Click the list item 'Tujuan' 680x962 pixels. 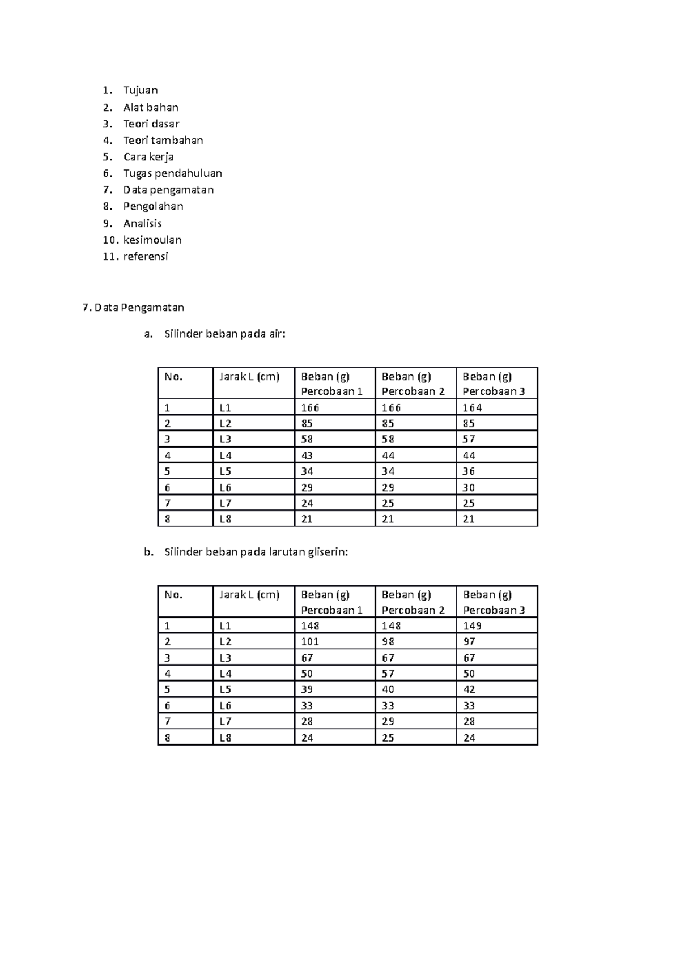[141, 90]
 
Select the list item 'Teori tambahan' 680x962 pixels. [163, 140]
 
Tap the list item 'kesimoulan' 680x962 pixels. [152, 240]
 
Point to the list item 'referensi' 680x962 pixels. [146, 256]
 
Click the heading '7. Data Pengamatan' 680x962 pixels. [133, 308]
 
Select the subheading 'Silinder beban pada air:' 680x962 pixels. [225, 334]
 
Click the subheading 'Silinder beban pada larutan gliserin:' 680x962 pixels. [256, 552]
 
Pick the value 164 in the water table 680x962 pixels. [472, 407]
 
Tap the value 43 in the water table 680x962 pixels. [307, 456]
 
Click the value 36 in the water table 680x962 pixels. [469, 471]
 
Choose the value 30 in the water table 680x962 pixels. [469, 487]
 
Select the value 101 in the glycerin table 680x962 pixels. [310, 641]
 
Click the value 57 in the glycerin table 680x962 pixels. [388, 674]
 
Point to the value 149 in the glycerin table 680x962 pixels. [472, 625]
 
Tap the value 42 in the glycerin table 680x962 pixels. [469, 689]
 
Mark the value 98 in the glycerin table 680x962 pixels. [388, 641]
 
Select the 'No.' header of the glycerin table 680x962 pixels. [173, 595]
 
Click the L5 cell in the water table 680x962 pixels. [226, 471]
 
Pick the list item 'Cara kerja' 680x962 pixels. [148, 157]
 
